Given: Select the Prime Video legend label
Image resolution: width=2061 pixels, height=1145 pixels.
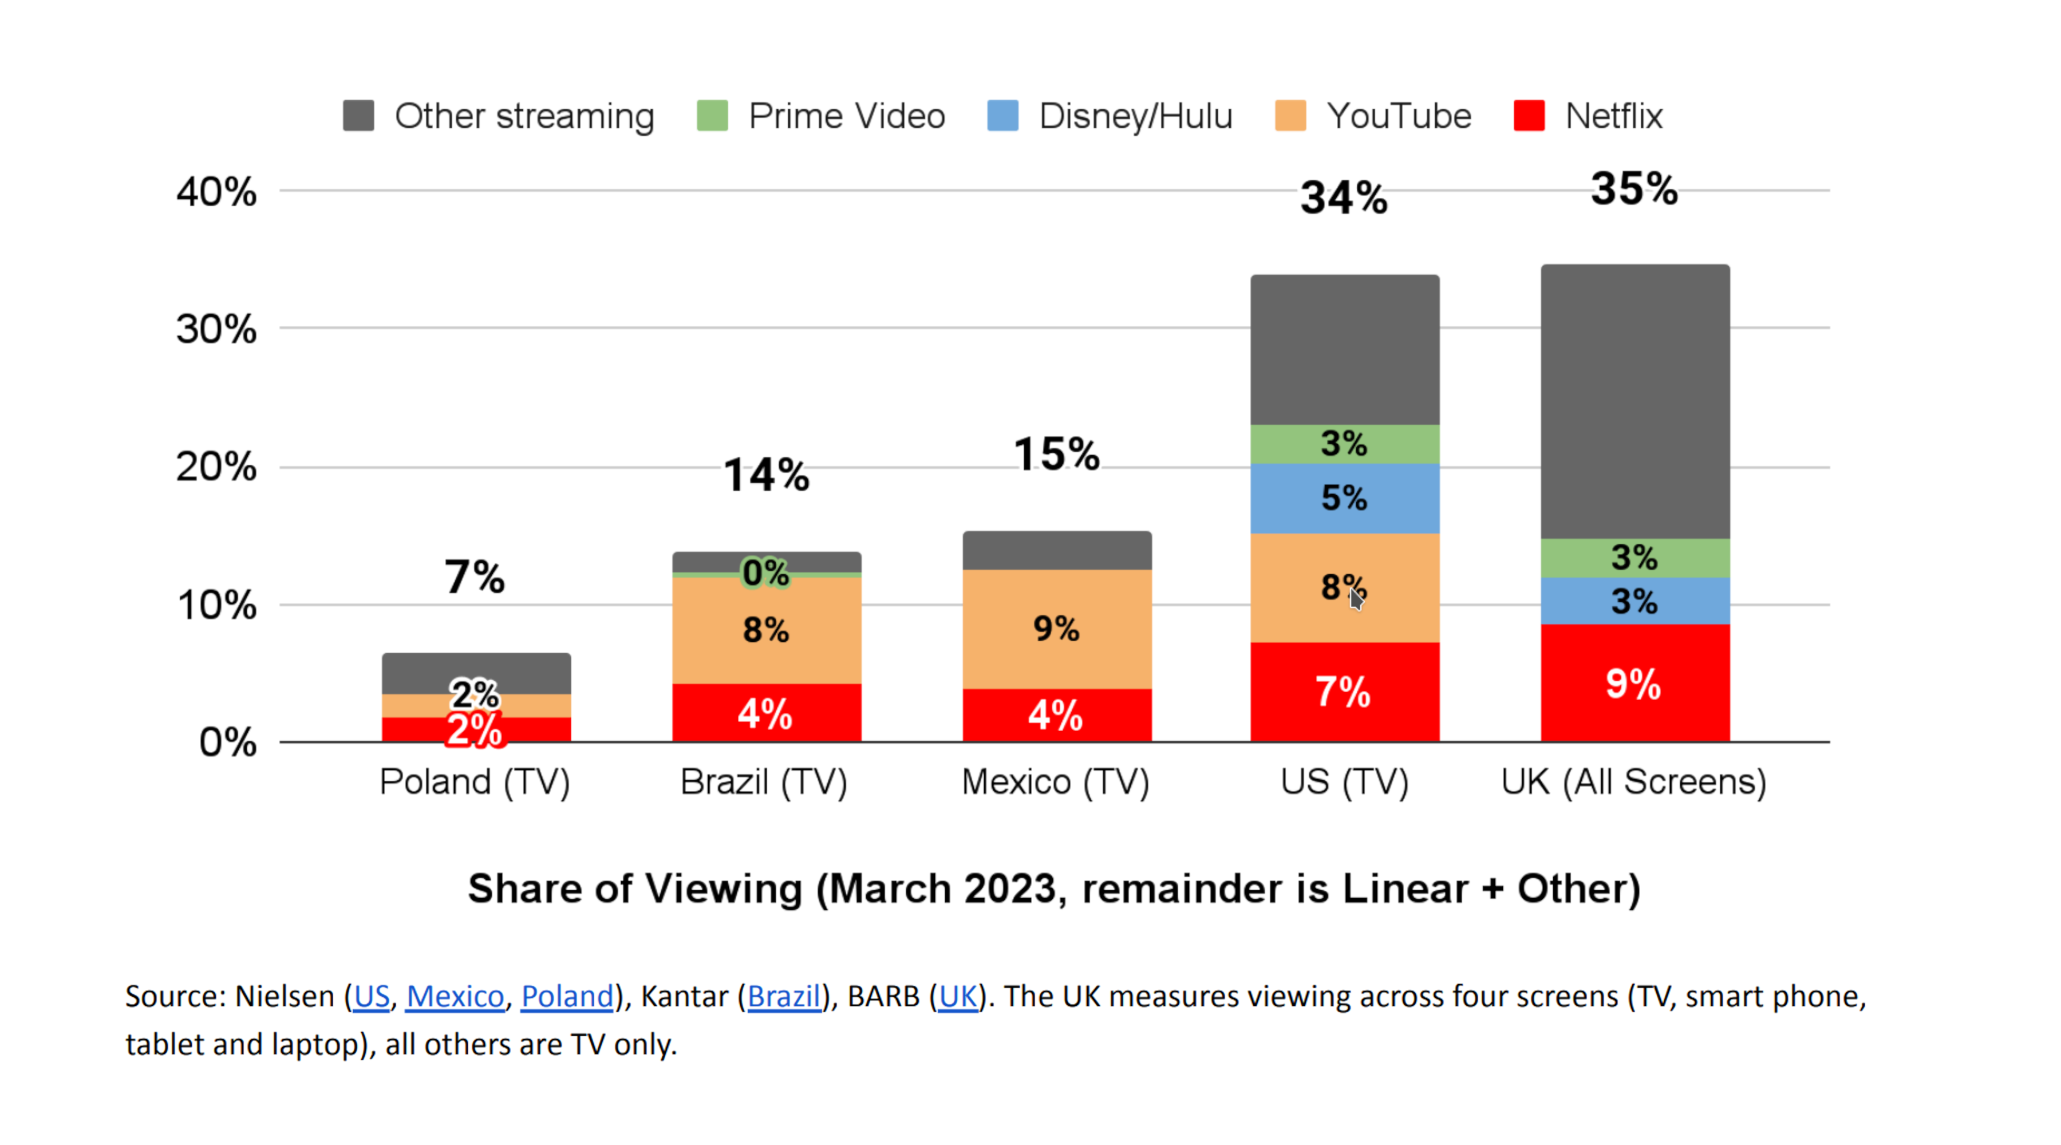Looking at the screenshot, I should click(847, 116).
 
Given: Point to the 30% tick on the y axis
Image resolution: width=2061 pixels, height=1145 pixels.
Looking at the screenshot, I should click(216, 329).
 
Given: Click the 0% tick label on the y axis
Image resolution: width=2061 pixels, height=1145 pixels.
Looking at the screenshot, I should click(227, 743).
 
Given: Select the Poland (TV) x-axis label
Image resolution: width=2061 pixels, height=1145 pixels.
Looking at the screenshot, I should click(475, 781).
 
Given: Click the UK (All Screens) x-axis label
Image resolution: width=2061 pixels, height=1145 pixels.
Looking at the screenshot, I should click(1634, 781).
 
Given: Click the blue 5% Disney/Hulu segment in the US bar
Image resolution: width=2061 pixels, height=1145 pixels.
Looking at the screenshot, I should click(1344, 498).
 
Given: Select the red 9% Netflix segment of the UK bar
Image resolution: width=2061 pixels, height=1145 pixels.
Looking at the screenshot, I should click(1634, 684).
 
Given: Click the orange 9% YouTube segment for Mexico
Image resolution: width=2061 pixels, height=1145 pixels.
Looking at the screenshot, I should click(1056, 629).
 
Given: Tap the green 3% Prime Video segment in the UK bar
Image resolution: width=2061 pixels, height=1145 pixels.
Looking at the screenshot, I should click(1634, 558).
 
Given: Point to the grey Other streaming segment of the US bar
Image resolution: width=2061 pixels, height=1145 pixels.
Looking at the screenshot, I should click(1344, 350).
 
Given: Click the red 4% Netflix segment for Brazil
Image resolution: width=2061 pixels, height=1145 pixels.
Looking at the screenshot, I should click(765, 713).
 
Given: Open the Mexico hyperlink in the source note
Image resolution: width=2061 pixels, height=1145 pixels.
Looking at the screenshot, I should click(455, 996).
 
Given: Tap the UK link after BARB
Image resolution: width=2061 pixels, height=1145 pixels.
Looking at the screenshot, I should click(958, 996).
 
